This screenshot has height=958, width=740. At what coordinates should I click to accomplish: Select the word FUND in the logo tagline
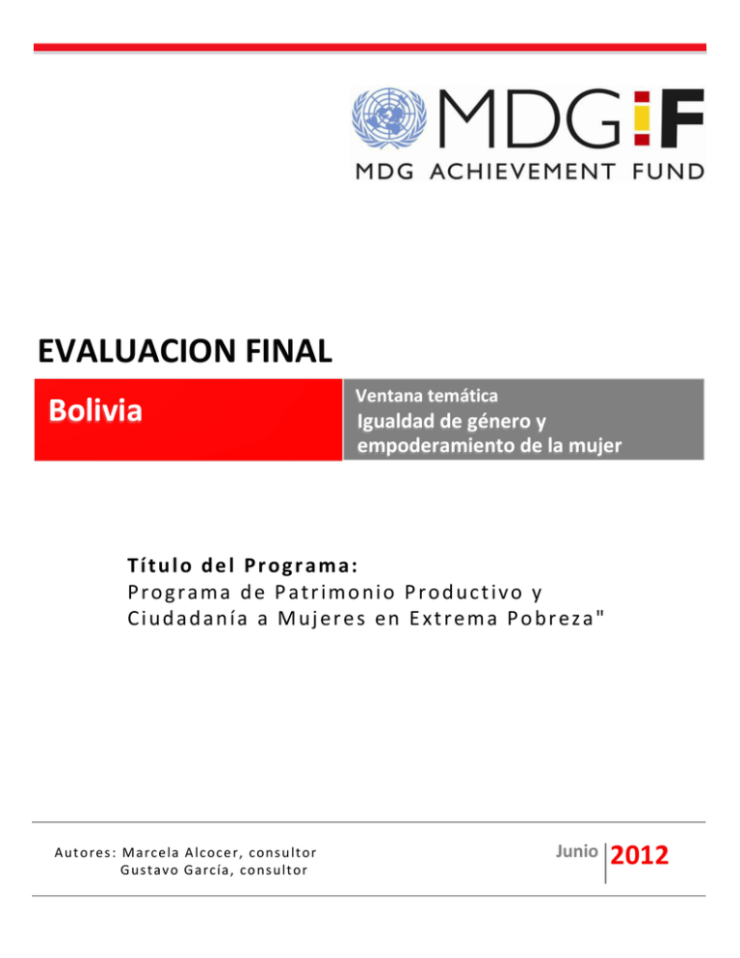pos(666,172)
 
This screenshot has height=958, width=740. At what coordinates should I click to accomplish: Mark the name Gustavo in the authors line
pos(145,871)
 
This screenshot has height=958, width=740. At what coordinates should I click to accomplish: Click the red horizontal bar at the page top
pos(370,46)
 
